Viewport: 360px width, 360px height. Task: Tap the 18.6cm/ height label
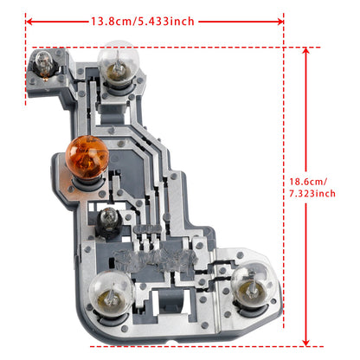click(x=311, y=183)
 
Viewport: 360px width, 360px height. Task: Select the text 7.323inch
click(x=312, y=195)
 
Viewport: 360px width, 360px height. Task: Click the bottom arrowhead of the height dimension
click(x=305, y=343)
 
